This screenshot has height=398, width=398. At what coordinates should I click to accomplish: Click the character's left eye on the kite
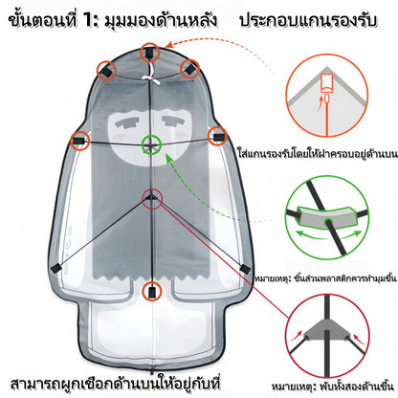[x=127, y=123]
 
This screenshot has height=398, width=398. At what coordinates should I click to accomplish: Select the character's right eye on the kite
[x=174, y=122]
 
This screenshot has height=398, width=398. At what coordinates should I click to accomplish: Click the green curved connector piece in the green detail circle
[x=326, y=217]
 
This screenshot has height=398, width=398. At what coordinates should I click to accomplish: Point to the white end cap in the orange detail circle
[x=327, y=82]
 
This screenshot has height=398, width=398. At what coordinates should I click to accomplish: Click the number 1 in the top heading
[x=89, y=21]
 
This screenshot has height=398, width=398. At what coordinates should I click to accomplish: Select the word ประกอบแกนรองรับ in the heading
[x=308, y=21]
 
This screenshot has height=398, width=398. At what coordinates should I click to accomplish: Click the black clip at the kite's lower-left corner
[x=56, y=269]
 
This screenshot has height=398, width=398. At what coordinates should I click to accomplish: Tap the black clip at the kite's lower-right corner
[x=245, y=269]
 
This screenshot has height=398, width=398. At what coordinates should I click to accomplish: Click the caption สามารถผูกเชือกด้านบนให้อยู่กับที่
[x=115, y=384]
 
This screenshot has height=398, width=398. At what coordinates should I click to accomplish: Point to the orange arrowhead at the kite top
[x=169, y=45]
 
